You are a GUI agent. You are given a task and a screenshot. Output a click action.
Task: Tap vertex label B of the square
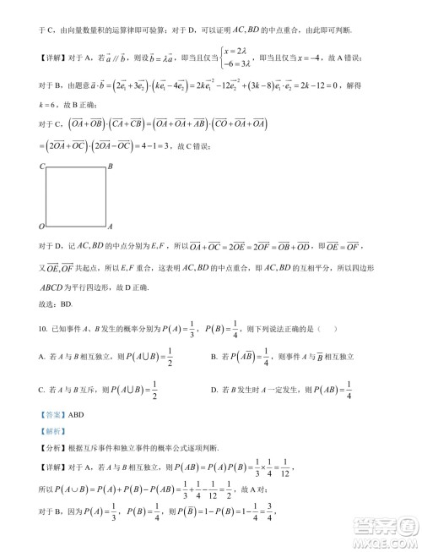pos(111,167)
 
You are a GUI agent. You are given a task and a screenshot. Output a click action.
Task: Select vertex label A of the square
pos(111,227)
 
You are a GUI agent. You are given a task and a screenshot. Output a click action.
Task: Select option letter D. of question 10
pos(213,390)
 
